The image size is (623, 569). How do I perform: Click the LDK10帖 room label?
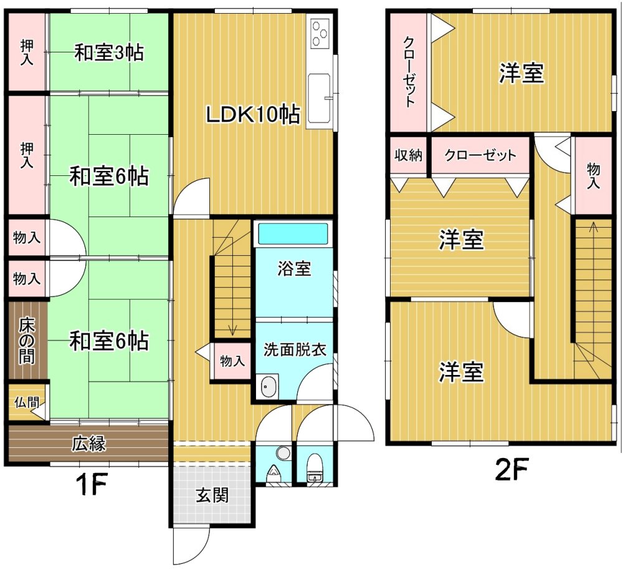tap(252, 115)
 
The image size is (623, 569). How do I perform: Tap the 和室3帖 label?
tap(109, 53)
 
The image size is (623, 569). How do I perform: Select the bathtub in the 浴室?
tap(293, 233)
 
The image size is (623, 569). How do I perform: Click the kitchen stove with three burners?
tap(320, 33)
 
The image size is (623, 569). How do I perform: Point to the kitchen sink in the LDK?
tap(319, 99)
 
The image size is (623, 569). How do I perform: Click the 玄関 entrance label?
tap(212, 495)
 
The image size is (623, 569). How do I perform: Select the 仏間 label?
tap(26, 402)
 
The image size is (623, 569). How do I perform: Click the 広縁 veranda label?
tap(89, 443)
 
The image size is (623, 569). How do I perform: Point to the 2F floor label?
tap(511, 470)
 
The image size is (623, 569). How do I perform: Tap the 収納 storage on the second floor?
tap(409, 155)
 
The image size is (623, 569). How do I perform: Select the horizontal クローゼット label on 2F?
tap(480, 155)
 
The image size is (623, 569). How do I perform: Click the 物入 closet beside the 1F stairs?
tap(232, 361)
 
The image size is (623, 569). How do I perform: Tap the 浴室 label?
tap(294, 268)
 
